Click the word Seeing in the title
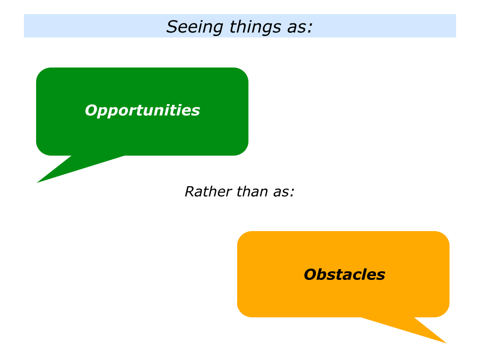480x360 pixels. (195, 27)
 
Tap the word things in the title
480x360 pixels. (255, 27)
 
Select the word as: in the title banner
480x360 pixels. (300, 27)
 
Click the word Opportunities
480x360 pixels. (142, 111)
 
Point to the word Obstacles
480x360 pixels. (345, 274)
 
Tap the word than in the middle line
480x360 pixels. (252, 192)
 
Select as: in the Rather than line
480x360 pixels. (284, 193)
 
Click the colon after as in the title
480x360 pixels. (310, 28)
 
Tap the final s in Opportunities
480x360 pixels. (195, 112)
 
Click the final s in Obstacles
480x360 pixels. (381, 276)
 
